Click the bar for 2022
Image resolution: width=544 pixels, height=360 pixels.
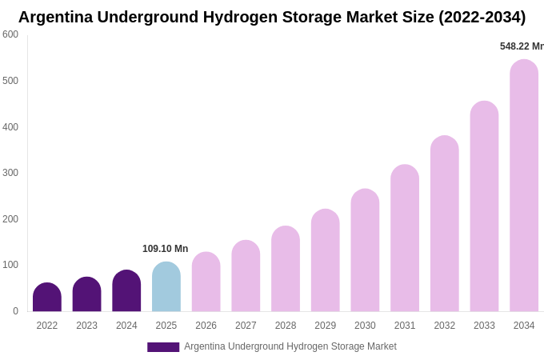47,298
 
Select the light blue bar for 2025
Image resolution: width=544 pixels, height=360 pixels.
166,287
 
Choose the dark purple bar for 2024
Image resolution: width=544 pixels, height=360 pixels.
126,291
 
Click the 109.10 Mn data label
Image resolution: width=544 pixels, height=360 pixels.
165,249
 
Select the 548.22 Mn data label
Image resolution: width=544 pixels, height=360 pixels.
521,46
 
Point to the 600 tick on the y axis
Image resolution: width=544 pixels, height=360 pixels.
10,34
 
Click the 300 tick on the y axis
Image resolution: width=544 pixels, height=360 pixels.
10,173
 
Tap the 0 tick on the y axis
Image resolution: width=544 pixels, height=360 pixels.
15,311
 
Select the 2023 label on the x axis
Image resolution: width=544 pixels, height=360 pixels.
86,326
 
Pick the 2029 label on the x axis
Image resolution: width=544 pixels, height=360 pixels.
325,326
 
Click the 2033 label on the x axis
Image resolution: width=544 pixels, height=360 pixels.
484,326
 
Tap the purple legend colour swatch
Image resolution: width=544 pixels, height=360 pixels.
163,347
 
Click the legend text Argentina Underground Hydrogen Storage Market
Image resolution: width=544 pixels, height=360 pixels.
290,346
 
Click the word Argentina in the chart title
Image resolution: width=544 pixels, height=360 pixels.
55,17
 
